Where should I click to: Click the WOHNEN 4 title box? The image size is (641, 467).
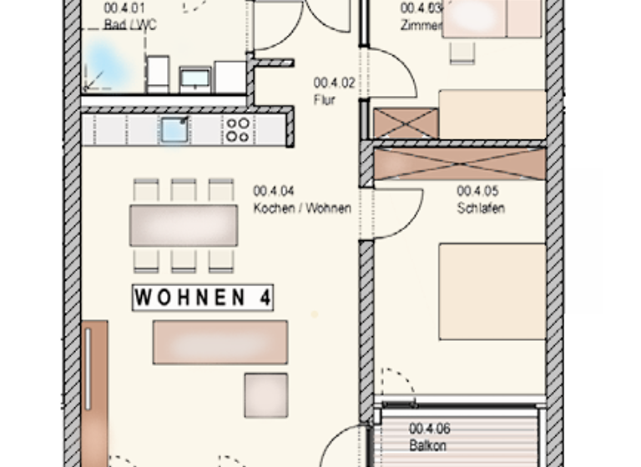click(x=203, y=298)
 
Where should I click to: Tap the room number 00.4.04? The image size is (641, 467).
click(x=272, y=191)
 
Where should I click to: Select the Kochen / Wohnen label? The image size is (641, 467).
click(x=302, y=208)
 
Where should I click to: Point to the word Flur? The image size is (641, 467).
click(x=324, y=99)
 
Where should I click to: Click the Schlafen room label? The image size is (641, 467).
click(x=480, y=208)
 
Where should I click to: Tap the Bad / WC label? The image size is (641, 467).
click(x=130, y=26)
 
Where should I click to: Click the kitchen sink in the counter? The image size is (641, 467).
click(x=174, y=130)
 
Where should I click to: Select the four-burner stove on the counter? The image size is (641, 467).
click(x=237, y=130)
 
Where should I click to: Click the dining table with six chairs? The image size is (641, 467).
click(x=184, y=225)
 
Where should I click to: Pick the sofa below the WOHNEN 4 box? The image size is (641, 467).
click(x=220, y=342)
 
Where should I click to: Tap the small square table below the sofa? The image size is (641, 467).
click(x=265, y=394)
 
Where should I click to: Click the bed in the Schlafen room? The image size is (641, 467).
click(x=492, y=291)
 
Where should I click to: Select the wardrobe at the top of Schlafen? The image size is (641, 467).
click(x=459, y=164)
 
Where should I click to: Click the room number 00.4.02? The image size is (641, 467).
click(x=333, y=83)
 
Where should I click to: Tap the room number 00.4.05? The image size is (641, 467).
click(x=477, y=191)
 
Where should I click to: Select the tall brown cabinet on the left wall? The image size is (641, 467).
click(x=94, y=392)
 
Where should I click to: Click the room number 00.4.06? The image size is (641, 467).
click(x=429, y=429)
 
